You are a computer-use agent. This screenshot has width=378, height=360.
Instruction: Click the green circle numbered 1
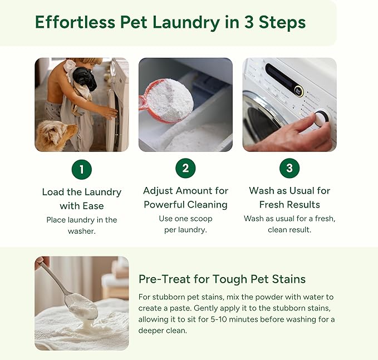coord(82,169)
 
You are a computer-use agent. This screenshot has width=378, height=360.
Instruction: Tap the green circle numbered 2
coord(185,168)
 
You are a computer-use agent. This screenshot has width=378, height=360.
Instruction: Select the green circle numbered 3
coord(289,168)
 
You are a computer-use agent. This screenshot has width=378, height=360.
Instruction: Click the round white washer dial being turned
coord(321,118)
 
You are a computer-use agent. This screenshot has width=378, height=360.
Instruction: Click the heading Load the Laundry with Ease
coord(82,199)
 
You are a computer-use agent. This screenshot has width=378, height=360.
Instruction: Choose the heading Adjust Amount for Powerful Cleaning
coord(185,198)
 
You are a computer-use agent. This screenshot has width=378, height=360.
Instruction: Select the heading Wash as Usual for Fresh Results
coord(289,198)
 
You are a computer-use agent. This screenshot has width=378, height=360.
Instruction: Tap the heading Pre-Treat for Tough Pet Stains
coord(222,279)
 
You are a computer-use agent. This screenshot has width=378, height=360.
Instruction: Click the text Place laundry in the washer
coord(82,225)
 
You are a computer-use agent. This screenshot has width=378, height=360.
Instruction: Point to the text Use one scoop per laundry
coord(185,224)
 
